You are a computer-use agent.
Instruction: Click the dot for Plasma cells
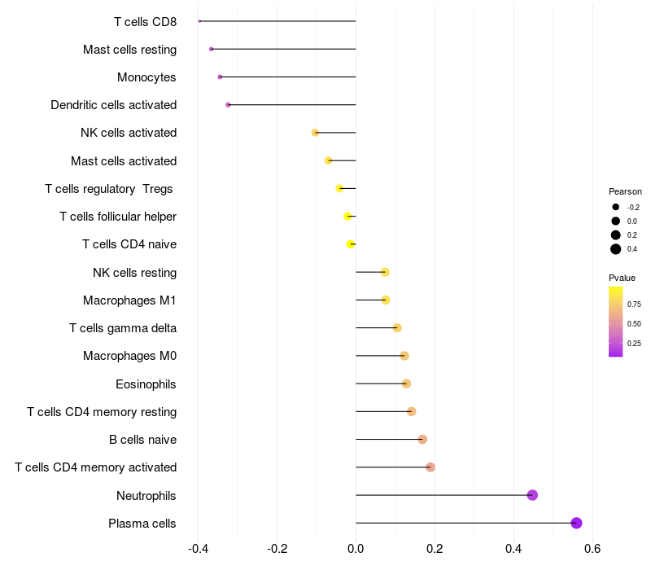click(x=576, y=523)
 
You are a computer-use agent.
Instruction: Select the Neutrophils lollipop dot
click(x=532, y=495)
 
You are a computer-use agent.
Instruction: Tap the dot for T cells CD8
click(x=199, y=21)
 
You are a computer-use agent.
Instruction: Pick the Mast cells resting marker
click(x=212, y=49)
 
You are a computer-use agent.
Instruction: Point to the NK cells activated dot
click(x=315, y=133)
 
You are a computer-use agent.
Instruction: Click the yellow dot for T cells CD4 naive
click(x=351, y=244)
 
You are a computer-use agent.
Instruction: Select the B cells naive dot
click(x=422, y=440)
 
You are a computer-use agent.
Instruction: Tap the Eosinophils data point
click(x=406, y=384)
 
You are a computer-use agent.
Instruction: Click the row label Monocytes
click(x=146, y=77)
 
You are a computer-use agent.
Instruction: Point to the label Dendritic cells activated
click(x=113, y=105)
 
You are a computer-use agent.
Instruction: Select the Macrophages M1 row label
click(x=129, y=300)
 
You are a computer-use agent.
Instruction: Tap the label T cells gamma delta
click(x=123, y=328)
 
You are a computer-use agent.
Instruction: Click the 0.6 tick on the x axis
click(x=592, y=549)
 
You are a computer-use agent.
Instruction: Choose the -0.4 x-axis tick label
click(x=198, y=549)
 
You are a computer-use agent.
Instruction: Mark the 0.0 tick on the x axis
click(x=356, y=549)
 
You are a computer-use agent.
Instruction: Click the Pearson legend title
click(x=625, y=191)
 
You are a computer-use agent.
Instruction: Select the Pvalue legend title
click(x=623, y=278)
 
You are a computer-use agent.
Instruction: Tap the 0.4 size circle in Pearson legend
click(x=616, y=249)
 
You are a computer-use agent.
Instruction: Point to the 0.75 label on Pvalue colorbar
click(x=634, y=305)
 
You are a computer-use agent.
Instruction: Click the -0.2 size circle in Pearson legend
click(x=616, y=207)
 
